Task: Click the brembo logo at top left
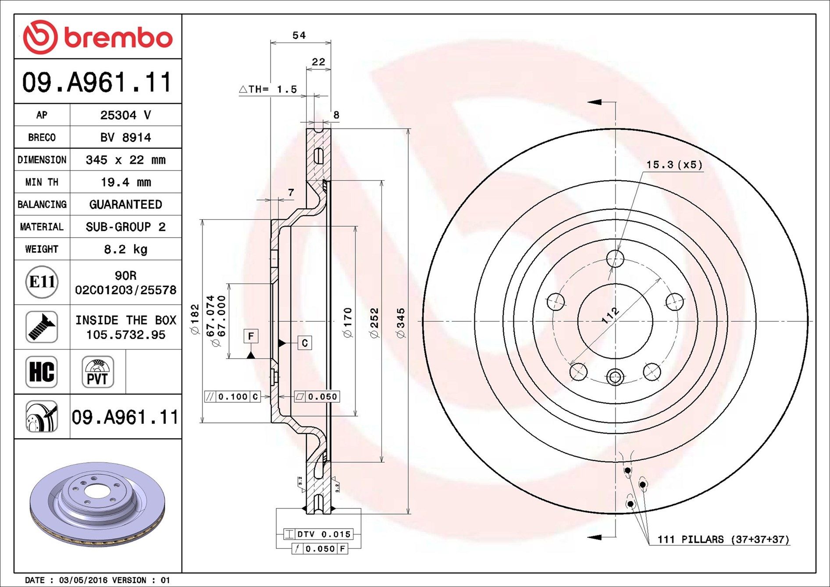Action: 97,37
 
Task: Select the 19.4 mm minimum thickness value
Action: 125,182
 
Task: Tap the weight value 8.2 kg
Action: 125,249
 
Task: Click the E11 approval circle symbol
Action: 42,282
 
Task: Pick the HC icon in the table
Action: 42,372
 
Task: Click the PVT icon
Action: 97,372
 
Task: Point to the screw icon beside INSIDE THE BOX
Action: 42,327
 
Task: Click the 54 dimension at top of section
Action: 299,35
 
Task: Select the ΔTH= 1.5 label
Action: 268,89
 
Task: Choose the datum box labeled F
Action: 251,336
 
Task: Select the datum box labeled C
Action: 305,343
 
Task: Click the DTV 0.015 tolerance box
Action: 319,534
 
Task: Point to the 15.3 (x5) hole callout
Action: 674,165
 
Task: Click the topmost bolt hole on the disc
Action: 615,259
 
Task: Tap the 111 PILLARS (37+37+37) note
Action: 723,539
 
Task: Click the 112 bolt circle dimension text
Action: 610,315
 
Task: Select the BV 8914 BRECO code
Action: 125,137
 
